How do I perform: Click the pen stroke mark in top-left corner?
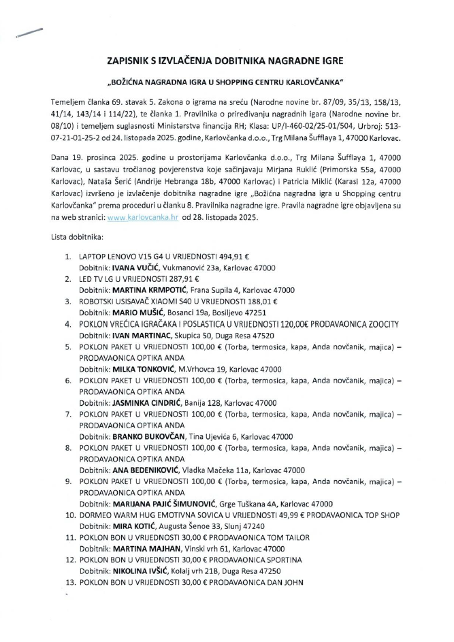click(28, 33)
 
